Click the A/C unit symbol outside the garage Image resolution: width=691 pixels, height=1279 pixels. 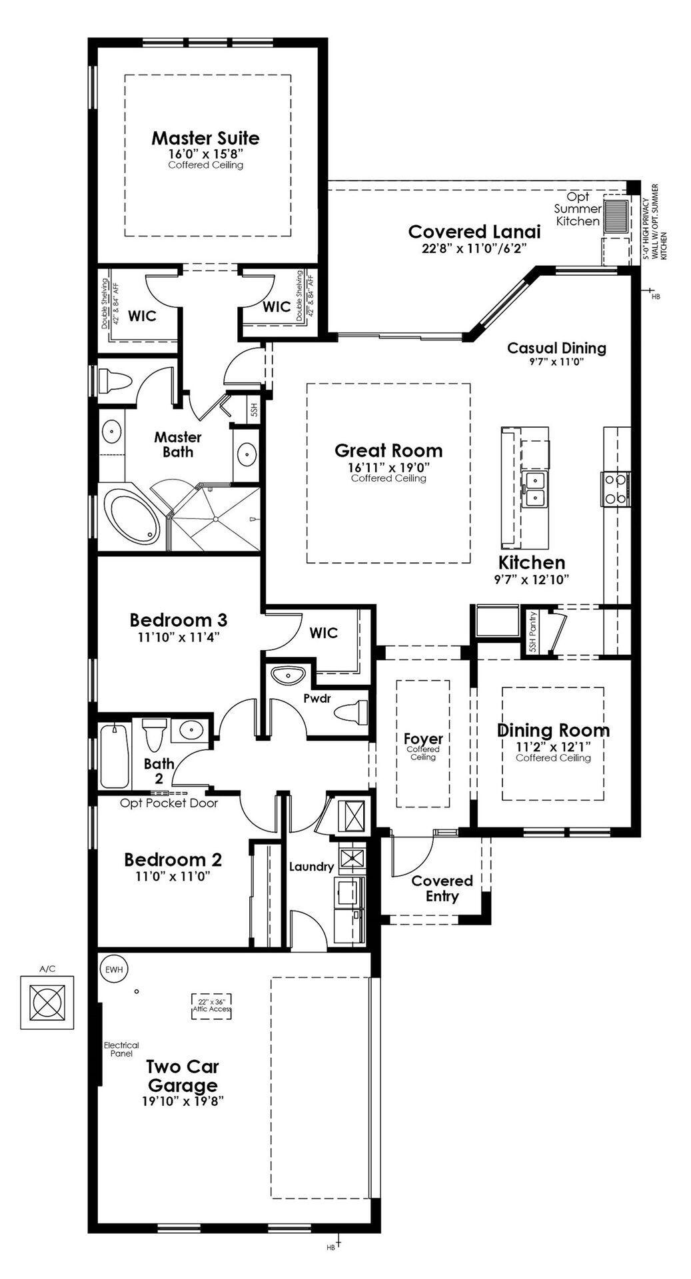pos(47,1001)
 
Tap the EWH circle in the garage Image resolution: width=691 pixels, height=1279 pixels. pos(113,969)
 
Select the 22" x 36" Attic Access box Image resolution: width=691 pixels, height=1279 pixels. pos(212,1005)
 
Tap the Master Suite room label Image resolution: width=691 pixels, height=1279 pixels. pos(205,139)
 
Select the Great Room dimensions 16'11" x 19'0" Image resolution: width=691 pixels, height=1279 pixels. pos(388,468)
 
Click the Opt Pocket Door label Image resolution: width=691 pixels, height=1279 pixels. pos(169,803)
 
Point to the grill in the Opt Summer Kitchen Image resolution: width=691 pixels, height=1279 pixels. pos(616,216)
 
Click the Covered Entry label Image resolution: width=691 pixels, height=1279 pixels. pos(442,888)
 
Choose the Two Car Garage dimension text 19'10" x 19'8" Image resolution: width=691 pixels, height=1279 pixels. pos(183,1101)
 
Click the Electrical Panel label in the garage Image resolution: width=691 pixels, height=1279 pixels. pos(121,1049)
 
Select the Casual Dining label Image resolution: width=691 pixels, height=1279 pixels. pos(556,348)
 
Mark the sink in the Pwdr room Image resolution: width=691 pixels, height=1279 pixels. pos(289,675)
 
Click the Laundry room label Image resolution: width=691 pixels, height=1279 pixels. pos(311,867)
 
